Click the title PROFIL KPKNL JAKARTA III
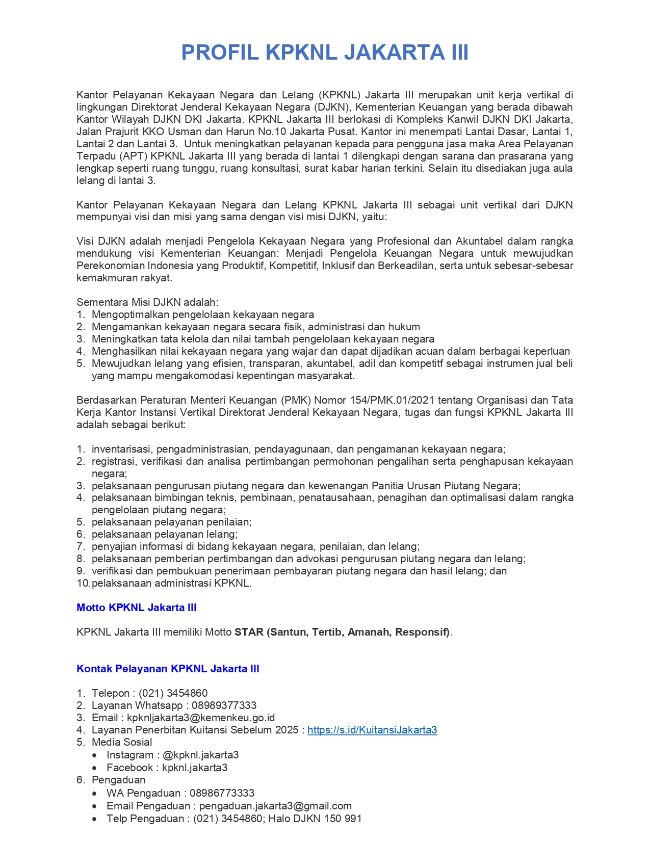pos(325,53)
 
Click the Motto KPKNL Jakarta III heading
pos(136,608)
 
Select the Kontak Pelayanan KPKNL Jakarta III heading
pos(168,669)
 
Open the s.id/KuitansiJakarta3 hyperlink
pos(372,730)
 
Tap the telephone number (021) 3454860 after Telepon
pos(173,693)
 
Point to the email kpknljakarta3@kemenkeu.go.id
pos(201,718)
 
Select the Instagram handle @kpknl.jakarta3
pos(201,755)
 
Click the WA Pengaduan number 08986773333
pos(222,793)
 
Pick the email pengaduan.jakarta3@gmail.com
pos(275,806)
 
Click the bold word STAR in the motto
pos(249,632)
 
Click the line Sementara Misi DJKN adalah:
pos(147,302)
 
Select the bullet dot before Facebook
pos(95,768)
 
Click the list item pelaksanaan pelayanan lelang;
pos(165,534)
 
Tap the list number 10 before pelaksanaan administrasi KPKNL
pos(83,583)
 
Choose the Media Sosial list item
pos(122,742)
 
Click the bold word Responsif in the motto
pos(422,632)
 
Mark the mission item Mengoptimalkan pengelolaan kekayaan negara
pos(203,314)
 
